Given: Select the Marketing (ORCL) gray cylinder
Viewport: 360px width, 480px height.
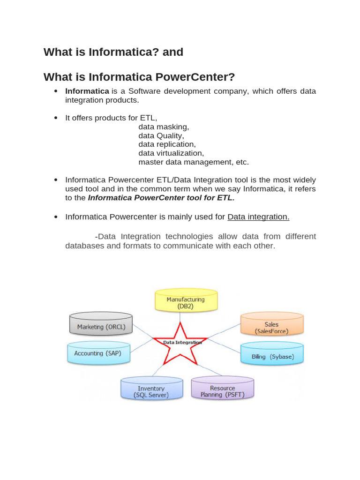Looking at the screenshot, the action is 101,327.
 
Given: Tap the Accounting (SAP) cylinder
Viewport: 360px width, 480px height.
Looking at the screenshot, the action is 98,353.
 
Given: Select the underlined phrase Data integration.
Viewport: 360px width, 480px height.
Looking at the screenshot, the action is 258,217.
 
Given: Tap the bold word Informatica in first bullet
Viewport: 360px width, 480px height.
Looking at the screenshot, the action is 87,91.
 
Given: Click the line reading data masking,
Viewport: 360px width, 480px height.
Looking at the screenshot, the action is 164,127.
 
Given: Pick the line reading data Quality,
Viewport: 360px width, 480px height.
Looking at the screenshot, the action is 161,135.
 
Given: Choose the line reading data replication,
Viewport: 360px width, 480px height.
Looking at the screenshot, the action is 167,144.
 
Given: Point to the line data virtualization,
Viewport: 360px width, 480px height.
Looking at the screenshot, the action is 171,153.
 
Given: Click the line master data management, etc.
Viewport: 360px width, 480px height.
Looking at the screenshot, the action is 194,162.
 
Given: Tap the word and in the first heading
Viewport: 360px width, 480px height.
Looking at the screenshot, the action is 172,52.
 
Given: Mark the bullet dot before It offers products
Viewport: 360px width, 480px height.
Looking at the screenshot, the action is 56,118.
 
